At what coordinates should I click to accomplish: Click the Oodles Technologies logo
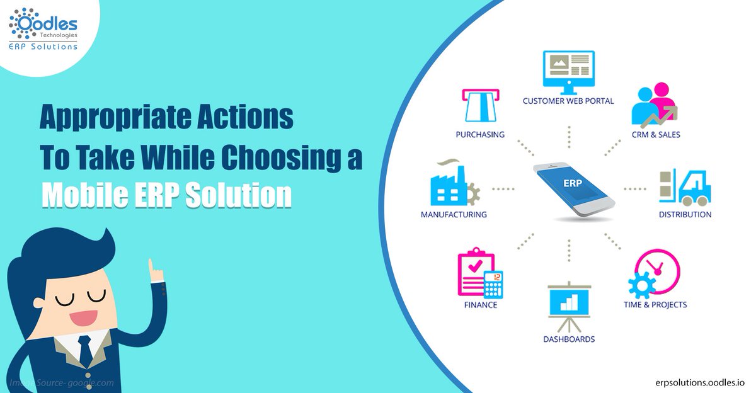click(43, 28)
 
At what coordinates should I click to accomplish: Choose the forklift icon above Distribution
click(684, 187)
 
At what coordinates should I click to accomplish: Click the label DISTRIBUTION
click(685, 214)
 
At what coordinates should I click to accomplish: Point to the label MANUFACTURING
click(454, 214)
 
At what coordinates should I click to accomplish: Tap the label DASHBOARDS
click(569, 339)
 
